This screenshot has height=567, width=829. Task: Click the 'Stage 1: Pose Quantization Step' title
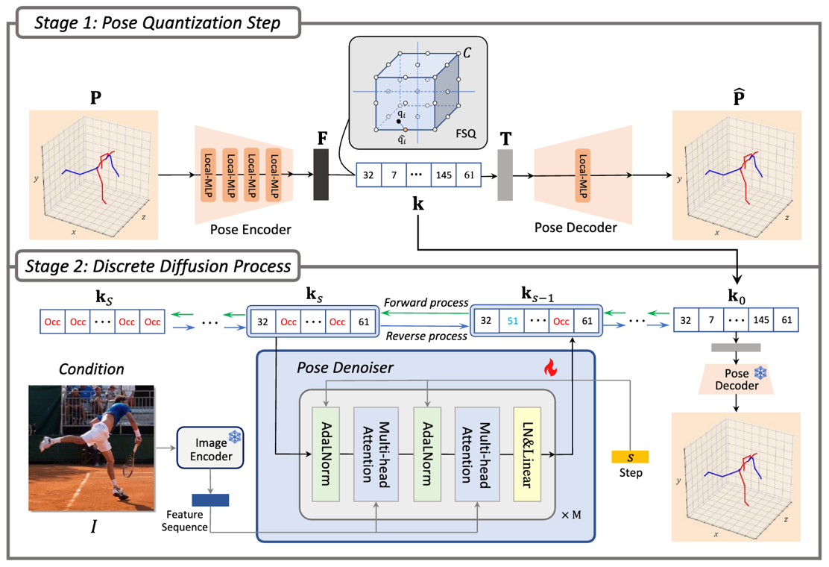pyautogui.click(x=157, y=22)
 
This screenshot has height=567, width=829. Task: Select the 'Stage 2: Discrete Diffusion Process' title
pyautogui.click(x=157, y=266)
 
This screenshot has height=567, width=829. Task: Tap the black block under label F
pyautogui.click(x=321, y=175)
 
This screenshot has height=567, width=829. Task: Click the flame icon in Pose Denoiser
pyautogui.click(x=551, y=366)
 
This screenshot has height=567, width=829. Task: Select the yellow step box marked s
pyautogui.click(x=629, y=456)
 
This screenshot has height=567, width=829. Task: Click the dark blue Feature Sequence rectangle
pyautogui.click(x=210, y=501)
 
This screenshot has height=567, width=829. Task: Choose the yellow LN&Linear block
pyautogui.click(x=526, y=454)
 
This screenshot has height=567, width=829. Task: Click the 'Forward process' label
pyautogui.click(x=426, y=303)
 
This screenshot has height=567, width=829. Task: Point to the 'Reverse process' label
pyautogui.click(x=426, y=336)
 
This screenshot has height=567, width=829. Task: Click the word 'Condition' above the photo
pyautogui.click(x=92, y=369)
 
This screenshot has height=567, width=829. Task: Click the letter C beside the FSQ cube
pyautogui.click(x=467, y=53)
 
